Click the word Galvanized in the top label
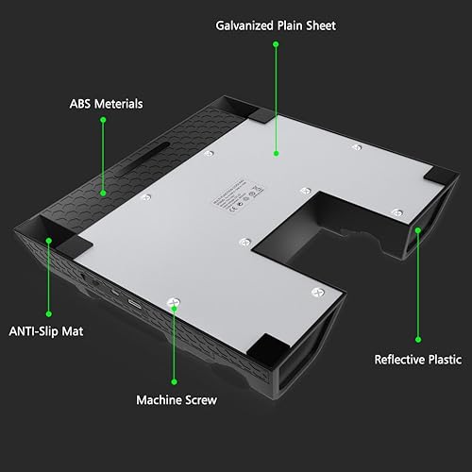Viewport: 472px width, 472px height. pos(241,25)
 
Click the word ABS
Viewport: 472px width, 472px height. pos(79,103)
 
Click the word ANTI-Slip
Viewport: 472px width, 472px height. pos(36,331)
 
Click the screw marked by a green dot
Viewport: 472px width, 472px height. pos(173,303)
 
